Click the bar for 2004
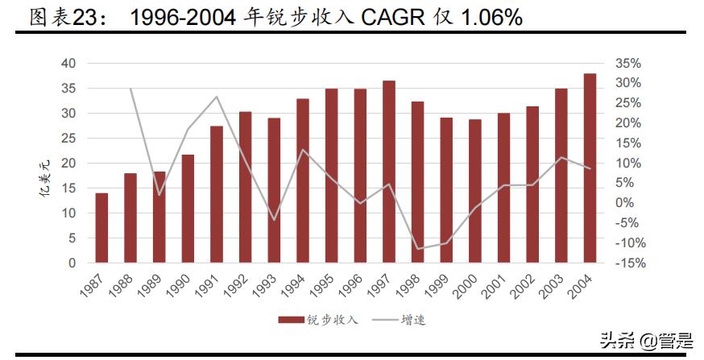coord(590,168)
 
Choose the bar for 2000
coord(475,191)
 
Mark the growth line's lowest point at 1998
coord(417,249)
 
